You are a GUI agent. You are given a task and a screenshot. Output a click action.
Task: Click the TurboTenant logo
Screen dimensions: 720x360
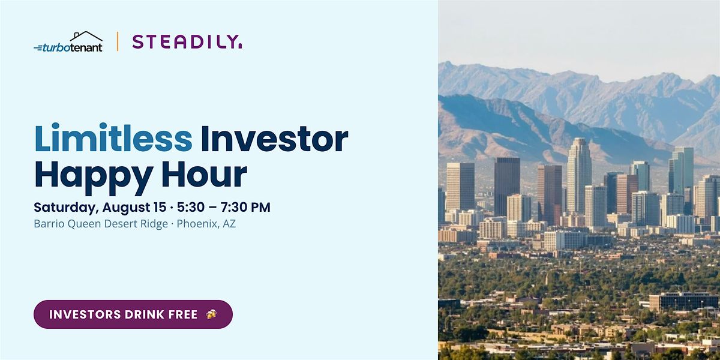(68, 42)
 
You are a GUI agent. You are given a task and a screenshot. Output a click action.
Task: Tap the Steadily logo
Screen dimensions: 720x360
(187, 42)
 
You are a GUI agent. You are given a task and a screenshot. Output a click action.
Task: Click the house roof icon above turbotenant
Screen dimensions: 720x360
(86, 37)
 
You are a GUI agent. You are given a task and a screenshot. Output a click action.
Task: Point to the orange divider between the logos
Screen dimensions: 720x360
(118, 41)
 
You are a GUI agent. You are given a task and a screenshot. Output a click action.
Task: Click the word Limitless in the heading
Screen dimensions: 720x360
(113, 138)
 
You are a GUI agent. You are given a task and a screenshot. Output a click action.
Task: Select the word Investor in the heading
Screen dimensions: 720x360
(275, 138)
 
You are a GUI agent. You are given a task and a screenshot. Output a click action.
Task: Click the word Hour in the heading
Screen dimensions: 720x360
(204, 173)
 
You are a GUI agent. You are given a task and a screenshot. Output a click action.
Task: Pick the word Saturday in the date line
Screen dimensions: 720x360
(66, 208)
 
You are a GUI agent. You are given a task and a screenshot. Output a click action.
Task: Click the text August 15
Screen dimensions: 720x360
(134, 208)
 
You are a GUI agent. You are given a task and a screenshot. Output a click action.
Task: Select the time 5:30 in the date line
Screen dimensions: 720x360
(191, 208)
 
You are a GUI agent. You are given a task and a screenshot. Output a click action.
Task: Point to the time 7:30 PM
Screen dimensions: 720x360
(245, 208)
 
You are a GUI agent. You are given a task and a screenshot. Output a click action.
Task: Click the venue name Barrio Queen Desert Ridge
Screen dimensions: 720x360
(101, 224)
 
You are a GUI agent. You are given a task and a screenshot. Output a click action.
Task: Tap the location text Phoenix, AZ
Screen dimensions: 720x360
(206, 224)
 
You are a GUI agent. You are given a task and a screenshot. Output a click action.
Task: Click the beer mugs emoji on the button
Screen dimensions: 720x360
(211, 314)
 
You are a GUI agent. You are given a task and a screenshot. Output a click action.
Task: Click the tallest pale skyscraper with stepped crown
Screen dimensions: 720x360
(579, 177)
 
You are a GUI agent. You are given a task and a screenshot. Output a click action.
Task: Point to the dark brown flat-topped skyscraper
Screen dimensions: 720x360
(507, 186)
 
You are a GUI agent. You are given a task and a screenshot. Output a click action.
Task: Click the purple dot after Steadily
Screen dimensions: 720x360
(240, 47)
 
